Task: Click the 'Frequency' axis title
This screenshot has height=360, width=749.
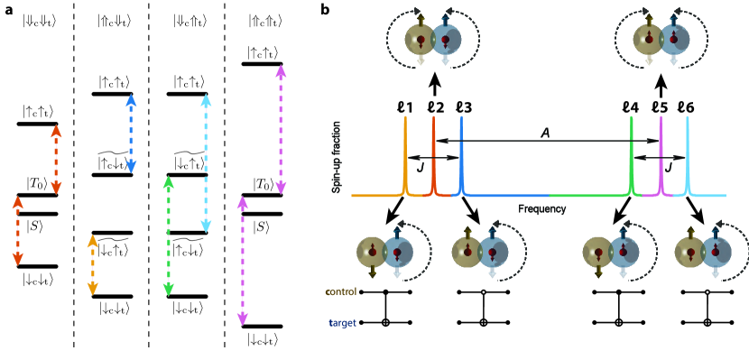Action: (541, 208)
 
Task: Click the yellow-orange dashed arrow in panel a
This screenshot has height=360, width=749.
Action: (91, 264)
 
